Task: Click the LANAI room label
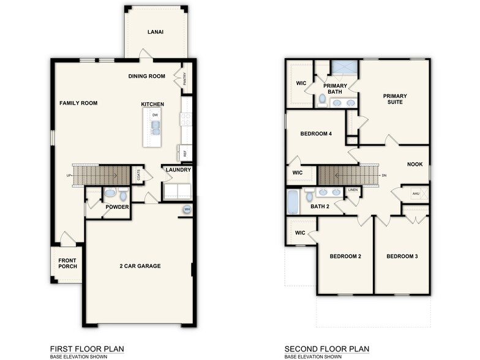click(x=155, y=32)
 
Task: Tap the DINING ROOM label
click(x=147, y=76)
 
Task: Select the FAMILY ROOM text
click(x=78, y=103)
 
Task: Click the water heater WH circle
click(x=187, y=210)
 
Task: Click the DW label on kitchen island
click(x=155, y=114)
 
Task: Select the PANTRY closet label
click(x=184, y=78)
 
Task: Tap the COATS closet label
click(x=140, y=176)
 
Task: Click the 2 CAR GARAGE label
click(x=140, y=266)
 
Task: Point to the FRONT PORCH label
click(x=67, y=264)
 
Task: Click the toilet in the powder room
click(x=123, y=195)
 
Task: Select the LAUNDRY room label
click(x=178, y=170)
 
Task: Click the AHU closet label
click(x=416, y=195)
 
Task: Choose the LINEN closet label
click(x=353, y=190)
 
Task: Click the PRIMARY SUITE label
click(x=395, y=99)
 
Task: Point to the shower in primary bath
click(x=344, y=68)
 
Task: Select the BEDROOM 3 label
click(x=402, y=256)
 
